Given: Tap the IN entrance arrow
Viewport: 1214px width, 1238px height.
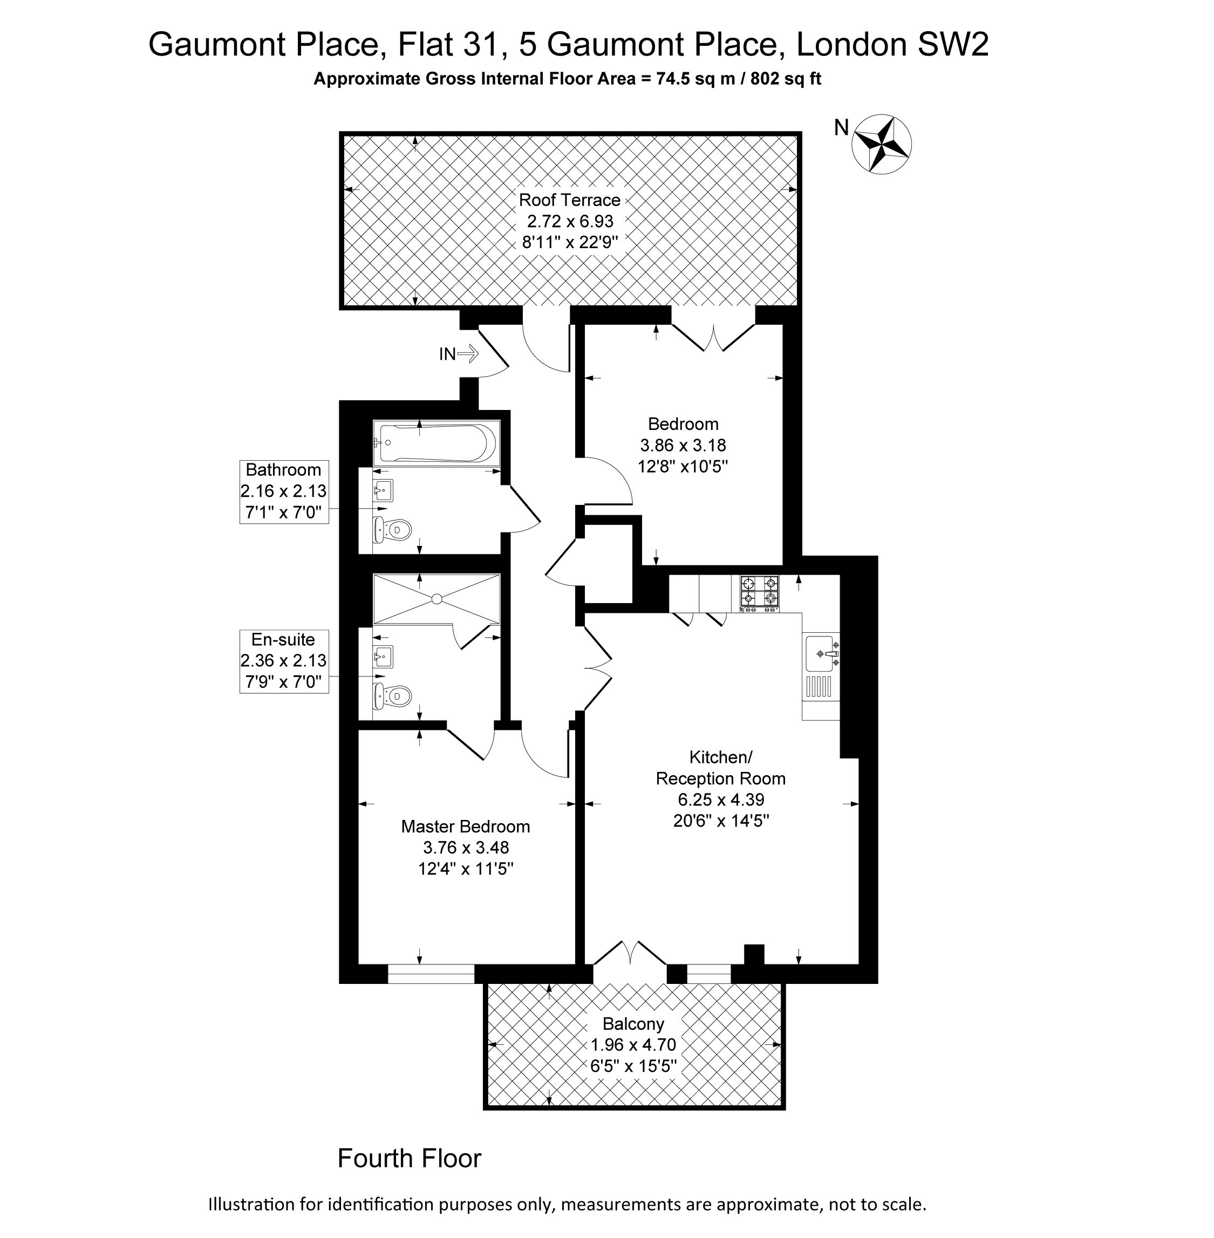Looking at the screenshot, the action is [467, 353].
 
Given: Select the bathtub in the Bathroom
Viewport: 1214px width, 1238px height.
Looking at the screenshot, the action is [437, 442].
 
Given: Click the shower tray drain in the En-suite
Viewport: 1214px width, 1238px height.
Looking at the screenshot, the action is [437, 599].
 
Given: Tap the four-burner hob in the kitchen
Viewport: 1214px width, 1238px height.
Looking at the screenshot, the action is [759, 592].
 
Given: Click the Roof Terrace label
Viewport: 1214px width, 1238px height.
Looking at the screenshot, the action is [569, 200].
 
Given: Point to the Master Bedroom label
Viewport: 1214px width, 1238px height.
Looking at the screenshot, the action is [466, 826].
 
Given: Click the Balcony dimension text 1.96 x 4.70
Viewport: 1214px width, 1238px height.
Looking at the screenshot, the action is [633, 1045].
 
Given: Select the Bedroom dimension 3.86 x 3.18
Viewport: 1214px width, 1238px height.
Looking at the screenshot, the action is [683, 445].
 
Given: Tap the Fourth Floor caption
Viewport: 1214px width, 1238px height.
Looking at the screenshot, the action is [410, 1158].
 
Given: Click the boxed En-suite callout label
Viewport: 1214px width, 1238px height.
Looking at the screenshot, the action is [284, 661].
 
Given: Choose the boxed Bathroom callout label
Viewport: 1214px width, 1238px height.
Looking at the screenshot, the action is [284, 491].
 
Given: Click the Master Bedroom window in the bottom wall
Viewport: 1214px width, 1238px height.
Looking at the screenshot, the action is [431, 974].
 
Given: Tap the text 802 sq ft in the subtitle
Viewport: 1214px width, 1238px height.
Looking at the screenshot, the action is [786, 79].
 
